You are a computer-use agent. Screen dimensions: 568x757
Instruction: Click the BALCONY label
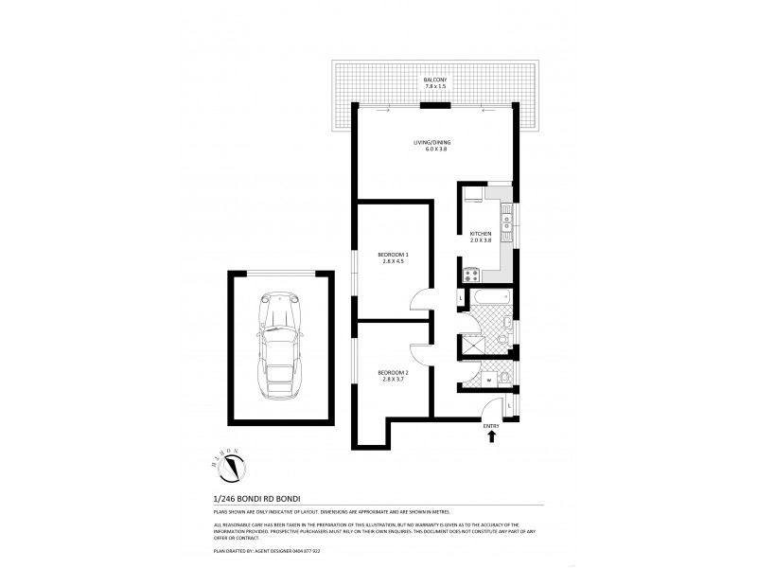click(x=435, y=80)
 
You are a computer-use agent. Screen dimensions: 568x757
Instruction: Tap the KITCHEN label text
click(x=481, y=233)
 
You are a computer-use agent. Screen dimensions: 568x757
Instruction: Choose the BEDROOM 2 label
click(x=392, y=372)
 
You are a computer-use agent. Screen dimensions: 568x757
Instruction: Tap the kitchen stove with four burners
click(x=470, y=274)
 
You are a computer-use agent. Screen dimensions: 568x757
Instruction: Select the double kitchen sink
click(x=508, y=223)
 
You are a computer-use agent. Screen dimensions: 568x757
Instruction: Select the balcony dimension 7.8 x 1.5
click(x=435, y=87)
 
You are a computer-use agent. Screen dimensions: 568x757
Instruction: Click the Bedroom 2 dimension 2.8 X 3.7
click(x=392, y=380)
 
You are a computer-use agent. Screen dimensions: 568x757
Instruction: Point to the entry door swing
click(x=492, y=413)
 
